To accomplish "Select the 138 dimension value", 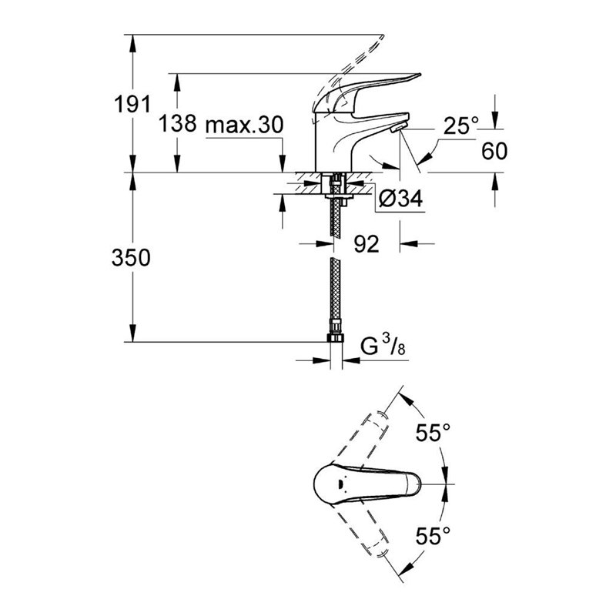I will (x=177, y=124).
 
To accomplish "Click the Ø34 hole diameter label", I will (x=401, y=199).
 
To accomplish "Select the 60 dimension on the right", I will (x=495, y=150).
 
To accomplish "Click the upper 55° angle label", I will (x=434, y=433).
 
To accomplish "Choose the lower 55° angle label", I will (x=434, y=533).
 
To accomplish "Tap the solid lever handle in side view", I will (x=377, y=85).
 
